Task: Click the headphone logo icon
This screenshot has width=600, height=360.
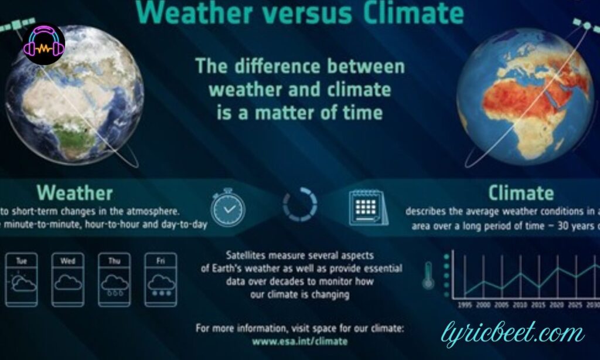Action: click(44, 44)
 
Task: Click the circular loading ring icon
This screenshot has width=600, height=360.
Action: click(299, 206)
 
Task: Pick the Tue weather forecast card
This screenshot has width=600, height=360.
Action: click(22, 279)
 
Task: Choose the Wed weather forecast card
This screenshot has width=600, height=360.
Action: click(68, 279)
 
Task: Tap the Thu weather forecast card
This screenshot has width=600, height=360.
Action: click(115, 279)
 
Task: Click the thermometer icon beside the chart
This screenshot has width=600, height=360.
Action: click(428, 274)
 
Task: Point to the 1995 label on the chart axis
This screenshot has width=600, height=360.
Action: click(466, 305)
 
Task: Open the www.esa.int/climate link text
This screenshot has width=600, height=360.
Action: click(300, 341)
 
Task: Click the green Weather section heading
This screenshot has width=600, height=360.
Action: click(74, 192)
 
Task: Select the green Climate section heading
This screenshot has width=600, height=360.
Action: click(521, 192)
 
